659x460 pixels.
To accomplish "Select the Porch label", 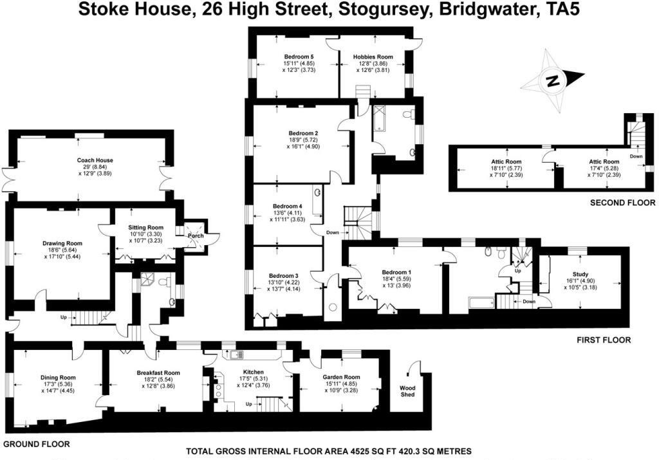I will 195,235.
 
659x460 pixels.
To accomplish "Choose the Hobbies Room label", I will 373,57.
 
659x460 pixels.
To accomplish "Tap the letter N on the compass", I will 551,81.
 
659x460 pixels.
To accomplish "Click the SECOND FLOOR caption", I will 622,203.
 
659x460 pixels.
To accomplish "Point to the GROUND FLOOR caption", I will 37,444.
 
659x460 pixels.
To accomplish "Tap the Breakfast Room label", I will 158,373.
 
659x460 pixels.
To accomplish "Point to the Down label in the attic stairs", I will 636,156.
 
